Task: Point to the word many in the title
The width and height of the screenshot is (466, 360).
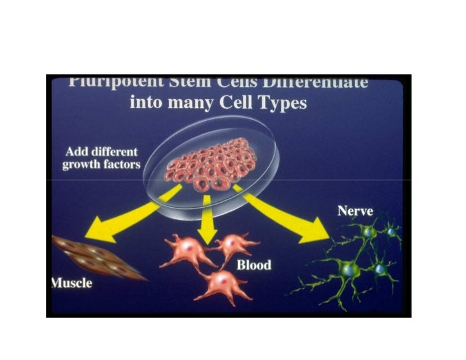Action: click(x=188, y=102)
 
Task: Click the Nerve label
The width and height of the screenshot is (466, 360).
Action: click(x=355, y=210)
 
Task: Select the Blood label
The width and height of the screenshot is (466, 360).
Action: click(x=253, y=265)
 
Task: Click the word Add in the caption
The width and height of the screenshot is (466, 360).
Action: click(x=77, y=153)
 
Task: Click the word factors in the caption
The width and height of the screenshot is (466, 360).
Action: click(x=118, y=166)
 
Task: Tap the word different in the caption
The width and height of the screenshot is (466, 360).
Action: click(x=114, y=153)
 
